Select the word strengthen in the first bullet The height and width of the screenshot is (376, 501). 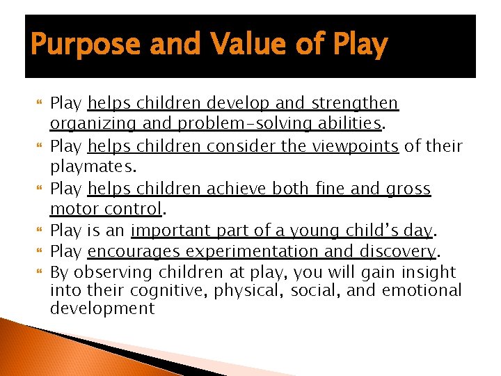pyautogui.click(x=354, y=104)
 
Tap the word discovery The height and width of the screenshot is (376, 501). pyautogui.click(x=398, y=251)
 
